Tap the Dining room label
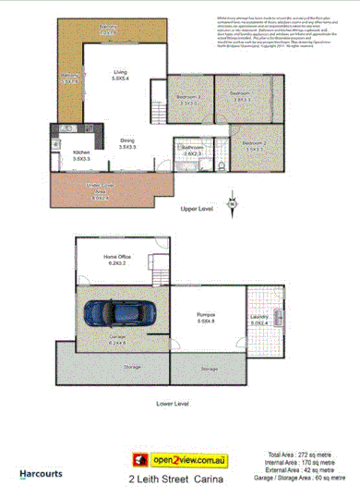[x=126, y=141]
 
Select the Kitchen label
[x=80, y=152]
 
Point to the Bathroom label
[x=192, y=150]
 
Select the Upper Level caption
[x=197, y=210]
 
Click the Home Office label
[x=116, y=260]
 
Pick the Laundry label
[x=258, y=320]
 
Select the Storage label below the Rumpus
[x=209, y=369]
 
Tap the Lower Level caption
[x=172, y=404]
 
